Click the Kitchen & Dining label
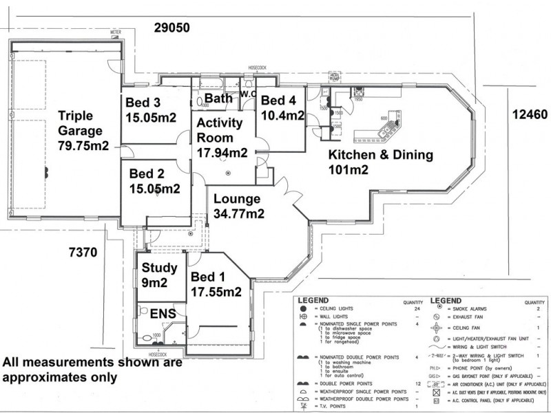pyautogui.click(x=380, y=162)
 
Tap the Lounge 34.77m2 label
pyautogui.click(x=238, y=206)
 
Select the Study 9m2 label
pyautogui.click(x=160, y=275)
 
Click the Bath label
pyautogui.click(x=218, y=98)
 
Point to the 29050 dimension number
pyautogui.click(x=171, y=28)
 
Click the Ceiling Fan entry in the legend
pyautogui.click(x=468, y=329)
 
